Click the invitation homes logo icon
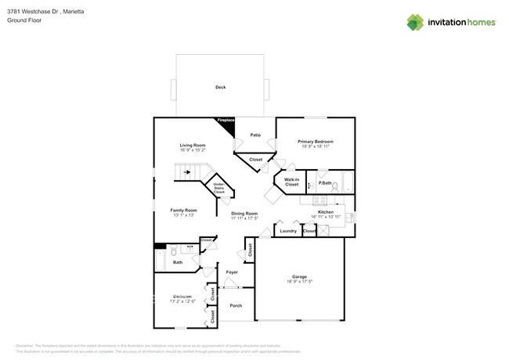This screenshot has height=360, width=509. pyautogui.click(x=415, y=23)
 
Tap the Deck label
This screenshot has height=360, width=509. pyautogui.click(x=220, y=87)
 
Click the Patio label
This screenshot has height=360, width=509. pyautogui.click(x=255, y=135)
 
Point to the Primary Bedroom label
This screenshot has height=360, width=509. pyautogui.click(x=316, y=142)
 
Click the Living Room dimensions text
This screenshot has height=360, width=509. pyautogui.click(x=193, y=150)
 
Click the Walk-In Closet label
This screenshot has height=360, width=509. pyautogui.click(x=291, y=182)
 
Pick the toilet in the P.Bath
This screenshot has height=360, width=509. pyautogui.click(x=334, y=186)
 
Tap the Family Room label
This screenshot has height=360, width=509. pyautogui.click(x=183, y=210)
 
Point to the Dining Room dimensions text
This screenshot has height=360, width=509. pyautogui.click(x=244, y=218)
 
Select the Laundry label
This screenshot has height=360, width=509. pyautogui.click(x=288, y=231)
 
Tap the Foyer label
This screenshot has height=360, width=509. pyautogui.click(x=232, y=272)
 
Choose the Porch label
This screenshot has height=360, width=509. pyautogui.click(x=236, y=305)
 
